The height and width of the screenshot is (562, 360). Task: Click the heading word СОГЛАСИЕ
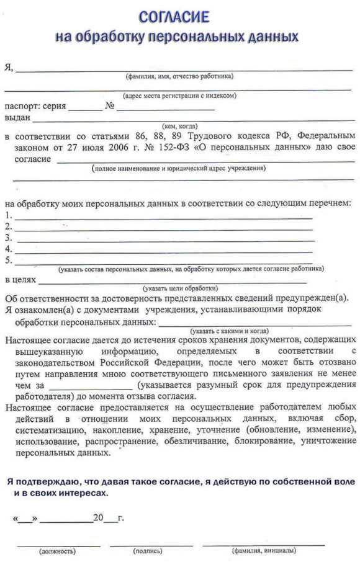click(x=174, y=16)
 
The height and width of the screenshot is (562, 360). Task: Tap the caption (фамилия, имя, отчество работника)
click(x=179, y=76)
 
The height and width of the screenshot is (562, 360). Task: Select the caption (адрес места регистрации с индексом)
click(x=179, y=96)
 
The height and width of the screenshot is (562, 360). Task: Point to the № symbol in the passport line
click(x=110, y=106)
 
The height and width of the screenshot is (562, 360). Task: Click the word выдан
click(x=17, y=117)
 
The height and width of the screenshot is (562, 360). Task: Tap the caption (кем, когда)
click(x=179, y=126)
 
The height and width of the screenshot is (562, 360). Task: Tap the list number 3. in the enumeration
click(x=9, y=238)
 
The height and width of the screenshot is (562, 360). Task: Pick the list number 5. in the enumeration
click(x=9, y=260)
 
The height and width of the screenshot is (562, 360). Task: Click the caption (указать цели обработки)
click(x=180, y=288)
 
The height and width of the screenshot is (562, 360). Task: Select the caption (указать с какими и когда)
click(x=230, y=331)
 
